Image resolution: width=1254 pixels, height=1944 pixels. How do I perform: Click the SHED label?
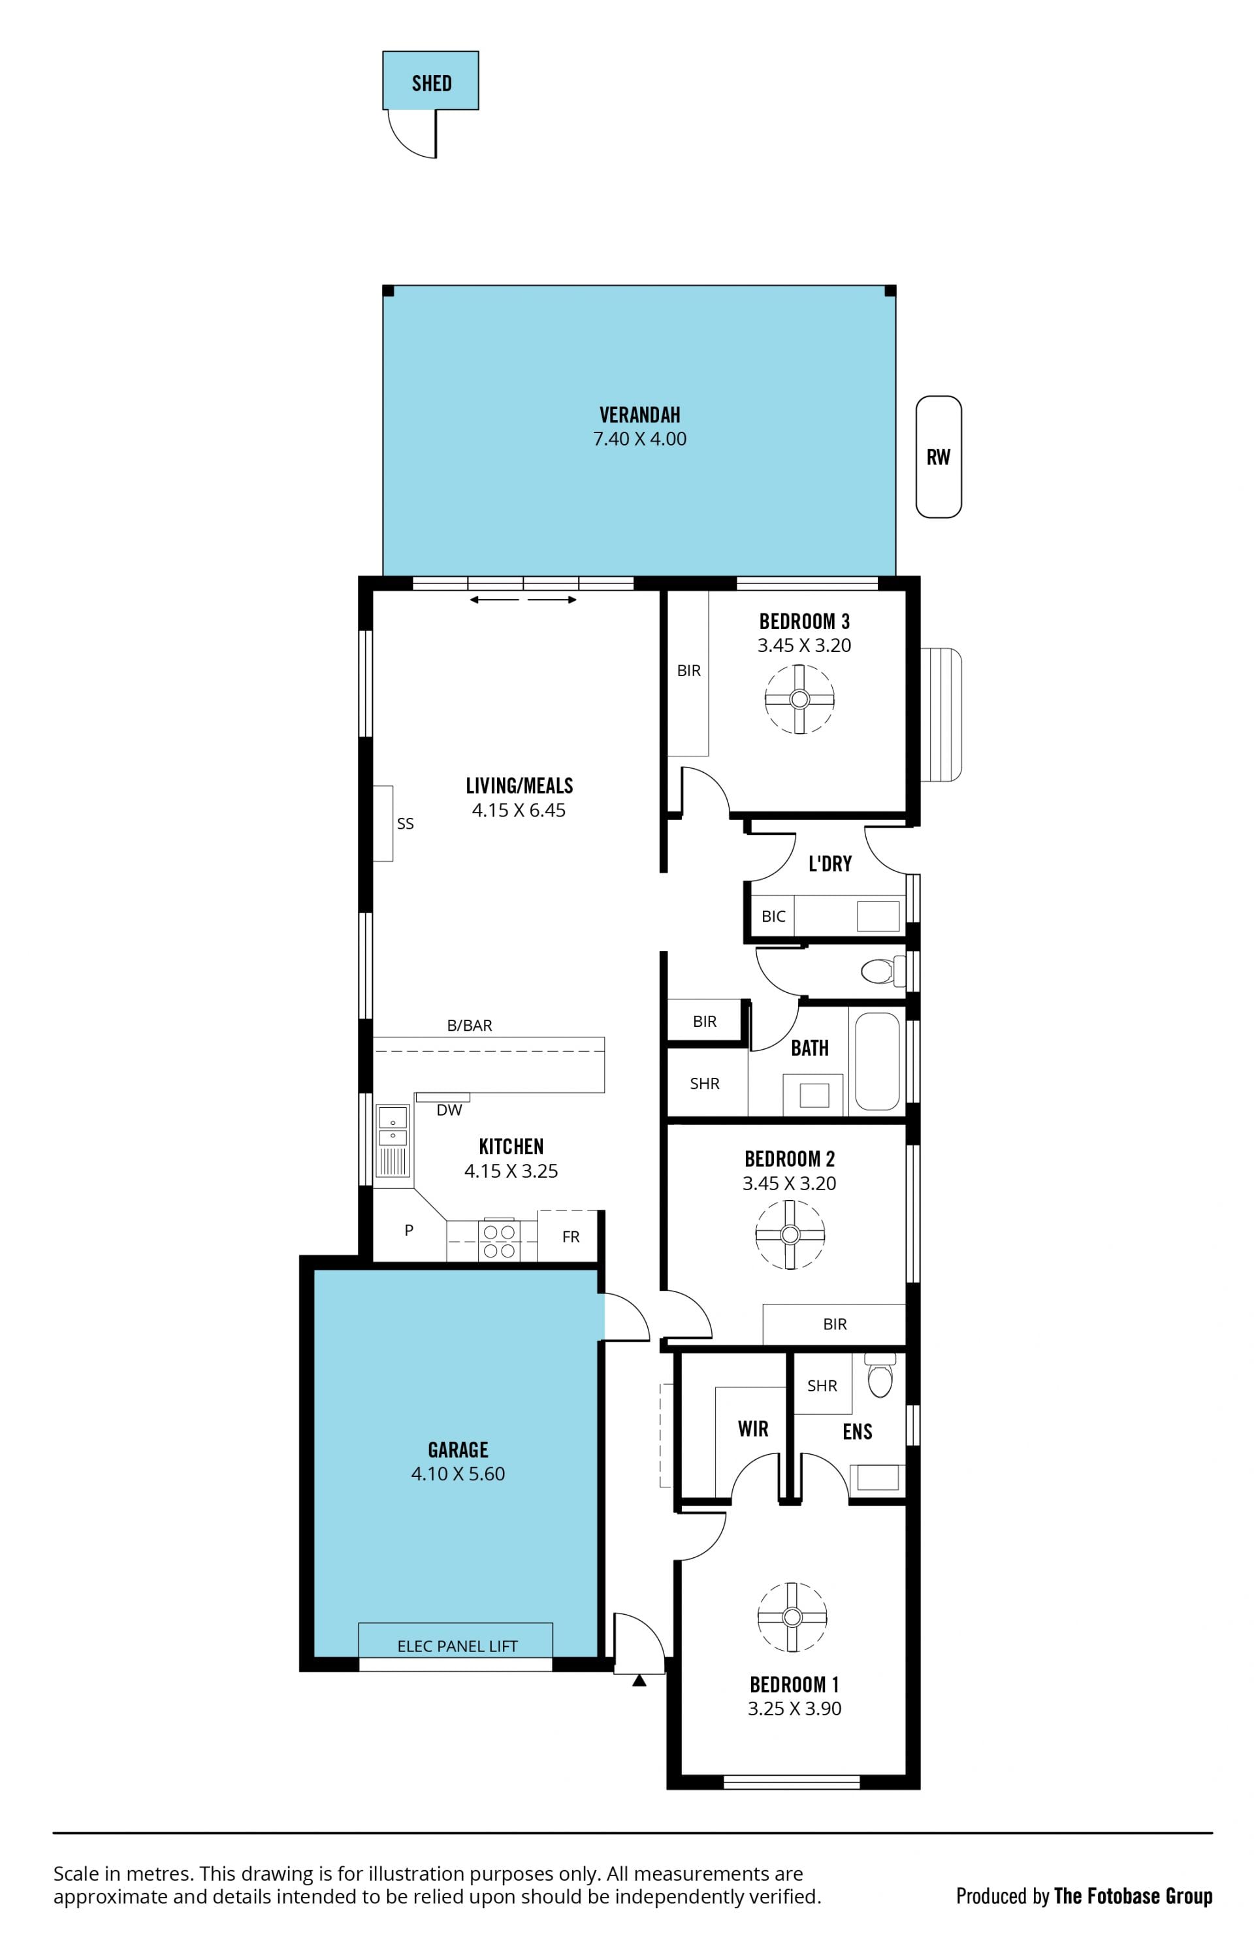[432, 83]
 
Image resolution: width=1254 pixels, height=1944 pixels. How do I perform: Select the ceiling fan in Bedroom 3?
[799, 699]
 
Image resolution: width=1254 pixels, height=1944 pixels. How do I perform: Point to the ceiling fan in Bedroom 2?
[790, 1234]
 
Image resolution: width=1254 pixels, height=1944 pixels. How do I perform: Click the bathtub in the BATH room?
[877, 1061]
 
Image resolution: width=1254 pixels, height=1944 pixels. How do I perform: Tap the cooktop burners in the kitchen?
[499, 1241]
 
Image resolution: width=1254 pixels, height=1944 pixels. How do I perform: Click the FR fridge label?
[571, 1237]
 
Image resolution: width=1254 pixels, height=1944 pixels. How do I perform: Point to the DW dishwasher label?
[449, 1110]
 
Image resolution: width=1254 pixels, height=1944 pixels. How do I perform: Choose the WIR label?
[752, 1429]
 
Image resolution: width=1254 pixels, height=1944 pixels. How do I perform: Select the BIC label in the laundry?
[773, 916]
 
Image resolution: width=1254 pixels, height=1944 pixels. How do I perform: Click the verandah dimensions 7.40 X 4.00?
[639, 439]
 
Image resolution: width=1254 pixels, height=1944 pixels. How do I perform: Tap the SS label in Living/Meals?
[405, 823]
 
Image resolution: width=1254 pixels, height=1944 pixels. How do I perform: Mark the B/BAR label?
[470, 1026]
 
